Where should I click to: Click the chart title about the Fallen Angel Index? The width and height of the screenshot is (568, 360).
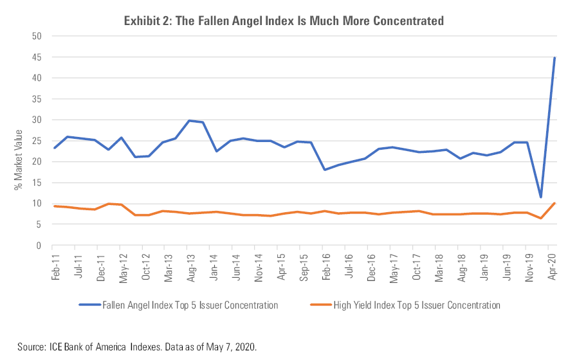tap(284, 21)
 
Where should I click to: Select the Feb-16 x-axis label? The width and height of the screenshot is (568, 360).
tap(325, 264)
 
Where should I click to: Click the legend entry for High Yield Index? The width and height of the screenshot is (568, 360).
tap(416, 305)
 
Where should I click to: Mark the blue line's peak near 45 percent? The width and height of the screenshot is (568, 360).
tap(554, 58)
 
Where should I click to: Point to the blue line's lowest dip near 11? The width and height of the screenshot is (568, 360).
tap(541, 197)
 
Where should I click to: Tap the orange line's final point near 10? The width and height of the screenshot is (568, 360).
tap(554, 203)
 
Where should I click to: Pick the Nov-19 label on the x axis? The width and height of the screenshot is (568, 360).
tap(527, 264)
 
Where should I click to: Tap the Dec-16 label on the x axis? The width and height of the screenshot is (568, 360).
tap(371, 264)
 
